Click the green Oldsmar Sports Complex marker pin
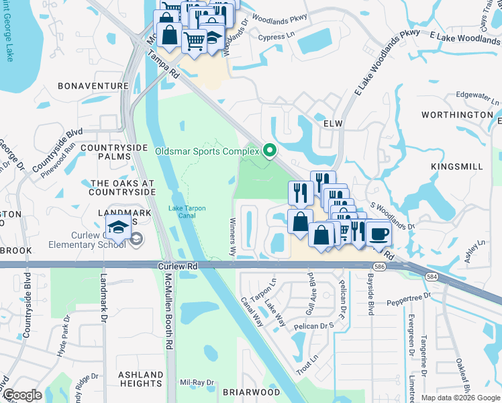(x=270, y=150)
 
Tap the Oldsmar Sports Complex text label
(x=207, y=151)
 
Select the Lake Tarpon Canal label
(x=191, y=215)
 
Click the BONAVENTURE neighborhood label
(x=93, y=87)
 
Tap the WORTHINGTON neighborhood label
(x=457, y=115)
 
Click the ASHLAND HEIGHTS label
(x=140, y=379)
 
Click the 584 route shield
(x=428, y=276)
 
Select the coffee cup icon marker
(x=379, y=233)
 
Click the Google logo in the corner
(x=22, y=396)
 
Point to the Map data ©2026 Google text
(x=460, y=398)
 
